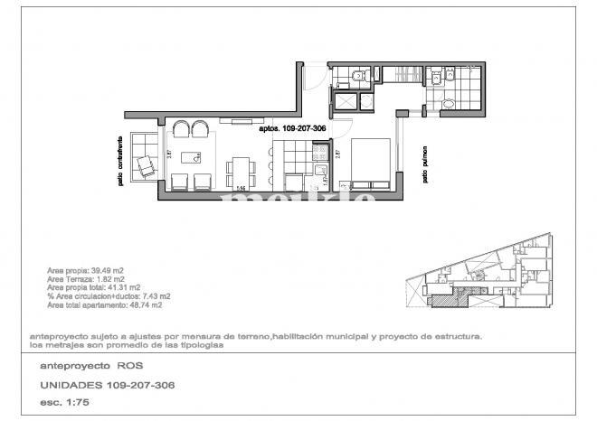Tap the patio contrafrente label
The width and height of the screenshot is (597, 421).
pos(120,162)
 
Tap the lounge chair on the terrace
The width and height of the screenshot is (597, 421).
pos(145,166)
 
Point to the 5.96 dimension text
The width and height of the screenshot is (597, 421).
pos(241,190)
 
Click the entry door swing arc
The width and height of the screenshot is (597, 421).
pos(311,75)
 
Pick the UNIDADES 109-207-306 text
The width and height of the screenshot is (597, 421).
pos(108,385)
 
